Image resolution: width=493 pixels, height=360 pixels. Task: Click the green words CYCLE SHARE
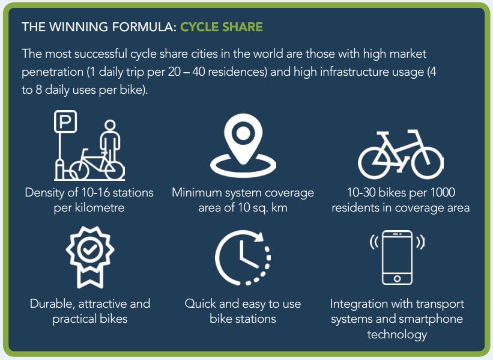(222, 27)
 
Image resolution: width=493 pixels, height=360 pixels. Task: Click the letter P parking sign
(65, 121)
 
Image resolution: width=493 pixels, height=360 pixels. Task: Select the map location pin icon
(243, 145)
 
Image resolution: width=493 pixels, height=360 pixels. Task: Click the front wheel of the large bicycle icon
(428, 163)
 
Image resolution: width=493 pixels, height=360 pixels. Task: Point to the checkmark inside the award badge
(90, 249)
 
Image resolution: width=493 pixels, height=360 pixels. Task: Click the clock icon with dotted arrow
(243, 257)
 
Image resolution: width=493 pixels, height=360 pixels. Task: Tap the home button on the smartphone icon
(397, 278)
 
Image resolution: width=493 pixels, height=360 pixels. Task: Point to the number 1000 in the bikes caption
(443, 192)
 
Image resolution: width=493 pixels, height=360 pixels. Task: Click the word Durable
(52, 304)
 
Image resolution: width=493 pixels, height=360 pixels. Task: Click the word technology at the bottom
(397, 335)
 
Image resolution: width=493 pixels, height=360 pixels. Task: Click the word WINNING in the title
(79, 27)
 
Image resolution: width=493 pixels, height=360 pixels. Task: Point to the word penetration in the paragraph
(52, 72)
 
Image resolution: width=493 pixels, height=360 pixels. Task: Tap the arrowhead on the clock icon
(259, 236)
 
